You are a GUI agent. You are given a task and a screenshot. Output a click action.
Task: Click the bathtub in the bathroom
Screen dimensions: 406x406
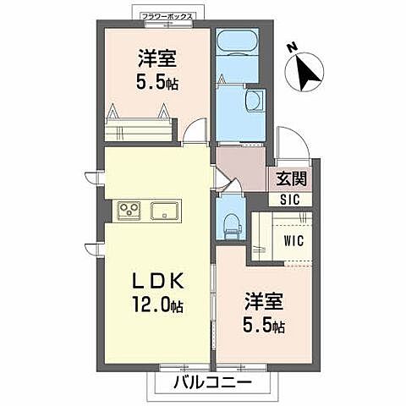point(239,43)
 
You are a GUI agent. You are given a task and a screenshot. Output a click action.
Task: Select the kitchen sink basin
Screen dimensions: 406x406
point(164,211)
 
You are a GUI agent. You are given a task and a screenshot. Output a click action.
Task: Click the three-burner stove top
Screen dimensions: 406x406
point(129,211)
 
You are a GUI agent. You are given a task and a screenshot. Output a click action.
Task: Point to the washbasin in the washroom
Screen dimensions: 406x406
point(255,101)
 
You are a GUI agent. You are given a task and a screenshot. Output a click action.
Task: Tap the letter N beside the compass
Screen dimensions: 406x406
point(293,48)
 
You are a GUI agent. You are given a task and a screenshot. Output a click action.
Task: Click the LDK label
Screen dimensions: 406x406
point(158,281)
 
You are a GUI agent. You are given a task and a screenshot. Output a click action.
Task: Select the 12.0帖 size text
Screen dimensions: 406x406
point(157,305)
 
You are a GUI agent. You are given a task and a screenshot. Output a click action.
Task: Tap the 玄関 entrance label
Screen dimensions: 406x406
point(291,178)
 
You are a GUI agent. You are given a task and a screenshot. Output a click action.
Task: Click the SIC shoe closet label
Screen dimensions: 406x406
point(290,200)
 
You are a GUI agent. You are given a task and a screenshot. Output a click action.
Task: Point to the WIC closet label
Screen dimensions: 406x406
point(294,241)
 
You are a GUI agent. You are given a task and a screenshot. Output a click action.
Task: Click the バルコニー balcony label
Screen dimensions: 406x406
point(212,383)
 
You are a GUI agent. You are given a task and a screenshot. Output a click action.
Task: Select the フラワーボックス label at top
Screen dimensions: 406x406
point(167,16)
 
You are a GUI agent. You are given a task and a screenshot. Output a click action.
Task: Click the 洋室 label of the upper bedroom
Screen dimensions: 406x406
point(157,58)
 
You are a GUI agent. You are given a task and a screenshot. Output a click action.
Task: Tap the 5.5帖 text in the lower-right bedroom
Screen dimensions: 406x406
point(264,326)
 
